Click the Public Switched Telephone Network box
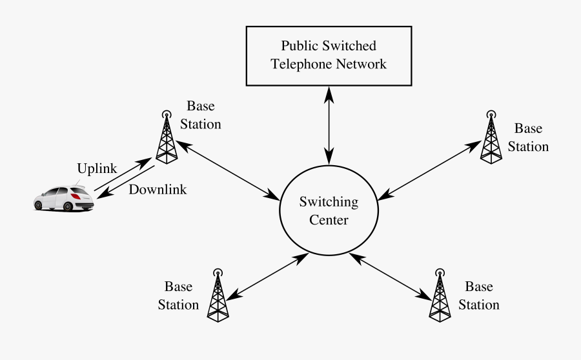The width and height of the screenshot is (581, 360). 329,55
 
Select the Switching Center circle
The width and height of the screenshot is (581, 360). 329,212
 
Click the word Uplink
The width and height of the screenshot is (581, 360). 97,169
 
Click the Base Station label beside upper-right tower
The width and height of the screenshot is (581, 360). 528,137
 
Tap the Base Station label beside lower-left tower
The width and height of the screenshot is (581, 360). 178,295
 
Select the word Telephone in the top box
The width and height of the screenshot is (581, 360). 301,64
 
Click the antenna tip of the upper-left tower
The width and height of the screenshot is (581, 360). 166,111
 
